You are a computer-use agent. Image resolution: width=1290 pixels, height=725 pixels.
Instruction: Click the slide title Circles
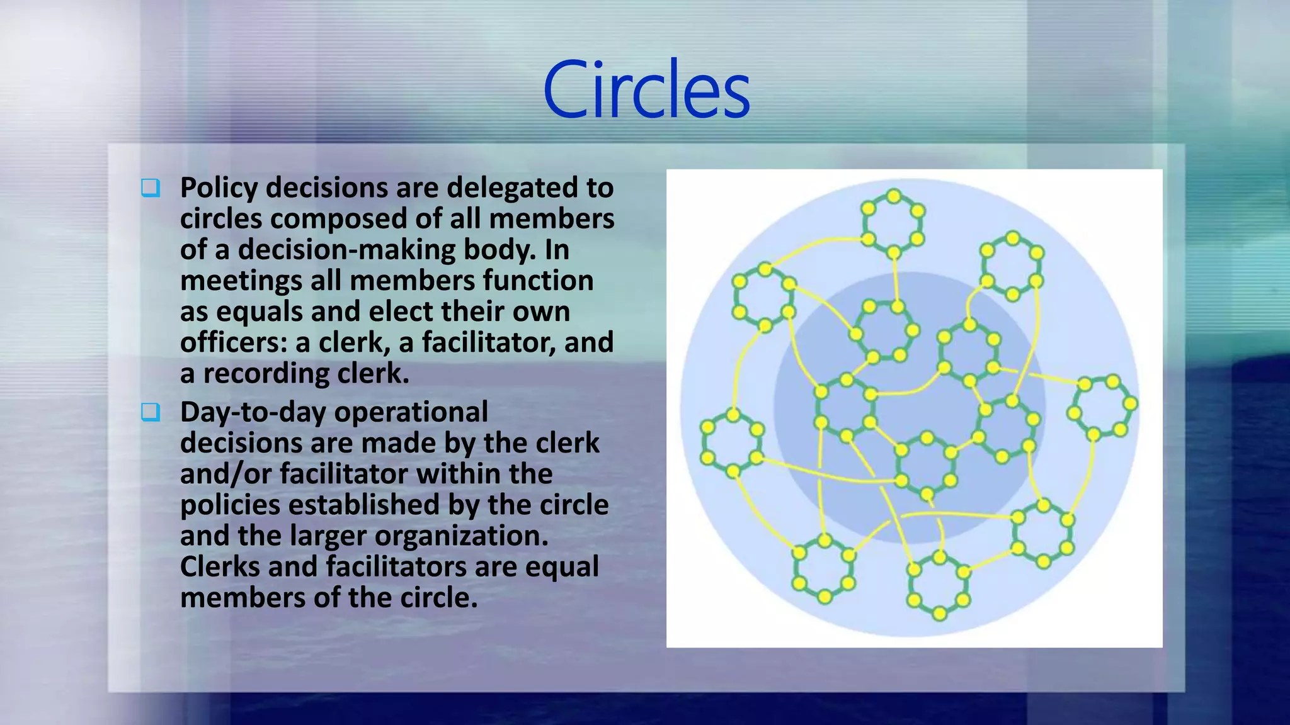[646, 89]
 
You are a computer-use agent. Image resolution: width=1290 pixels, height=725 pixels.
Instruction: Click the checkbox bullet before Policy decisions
[151, 188]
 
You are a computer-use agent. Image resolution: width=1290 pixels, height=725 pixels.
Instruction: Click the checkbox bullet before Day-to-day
[151, 412]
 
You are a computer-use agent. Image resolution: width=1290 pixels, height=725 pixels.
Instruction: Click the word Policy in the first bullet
[219, 188]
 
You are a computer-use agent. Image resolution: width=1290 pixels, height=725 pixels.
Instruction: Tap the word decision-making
[348, 250]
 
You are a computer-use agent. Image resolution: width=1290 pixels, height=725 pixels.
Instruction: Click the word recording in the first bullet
[266, 373]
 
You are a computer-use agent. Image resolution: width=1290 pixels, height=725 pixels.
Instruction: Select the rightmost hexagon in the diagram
[1102, 407]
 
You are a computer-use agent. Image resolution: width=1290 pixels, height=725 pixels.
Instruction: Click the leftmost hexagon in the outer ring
[733, 443]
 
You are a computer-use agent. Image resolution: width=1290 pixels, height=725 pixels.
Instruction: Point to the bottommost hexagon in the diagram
[939, 585]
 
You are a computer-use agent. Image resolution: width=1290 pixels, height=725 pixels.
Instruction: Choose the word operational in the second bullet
[411, 413]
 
